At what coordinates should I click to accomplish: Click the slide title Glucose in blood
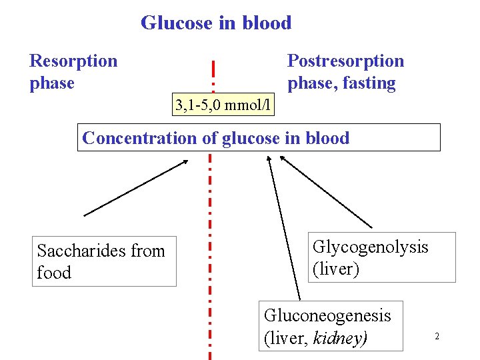[216, 23]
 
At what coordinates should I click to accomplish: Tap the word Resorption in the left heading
[73, 61]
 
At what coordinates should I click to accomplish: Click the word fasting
[369, 83]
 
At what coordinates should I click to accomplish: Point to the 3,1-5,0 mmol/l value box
[223, 105]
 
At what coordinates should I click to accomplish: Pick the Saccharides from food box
[104, 261]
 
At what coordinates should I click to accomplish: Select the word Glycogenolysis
[370, 247]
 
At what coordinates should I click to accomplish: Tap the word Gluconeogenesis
[327, 315]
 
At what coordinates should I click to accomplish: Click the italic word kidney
[339, 337]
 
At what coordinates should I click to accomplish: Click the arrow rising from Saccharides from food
[137, 187]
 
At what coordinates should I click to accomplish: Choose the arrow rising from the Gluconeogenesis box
[283, 227]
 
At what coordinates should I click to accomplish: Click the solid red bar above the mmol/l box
[213, 69]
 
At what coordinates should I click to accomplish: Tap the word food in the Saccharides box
[54, 273]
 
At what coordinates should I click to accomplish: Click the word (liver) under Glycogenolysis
[335, 269]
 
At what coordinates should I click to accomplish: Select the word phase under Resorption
[52, 83]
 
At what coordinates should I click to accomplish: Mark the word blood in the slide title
[267, 23]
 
